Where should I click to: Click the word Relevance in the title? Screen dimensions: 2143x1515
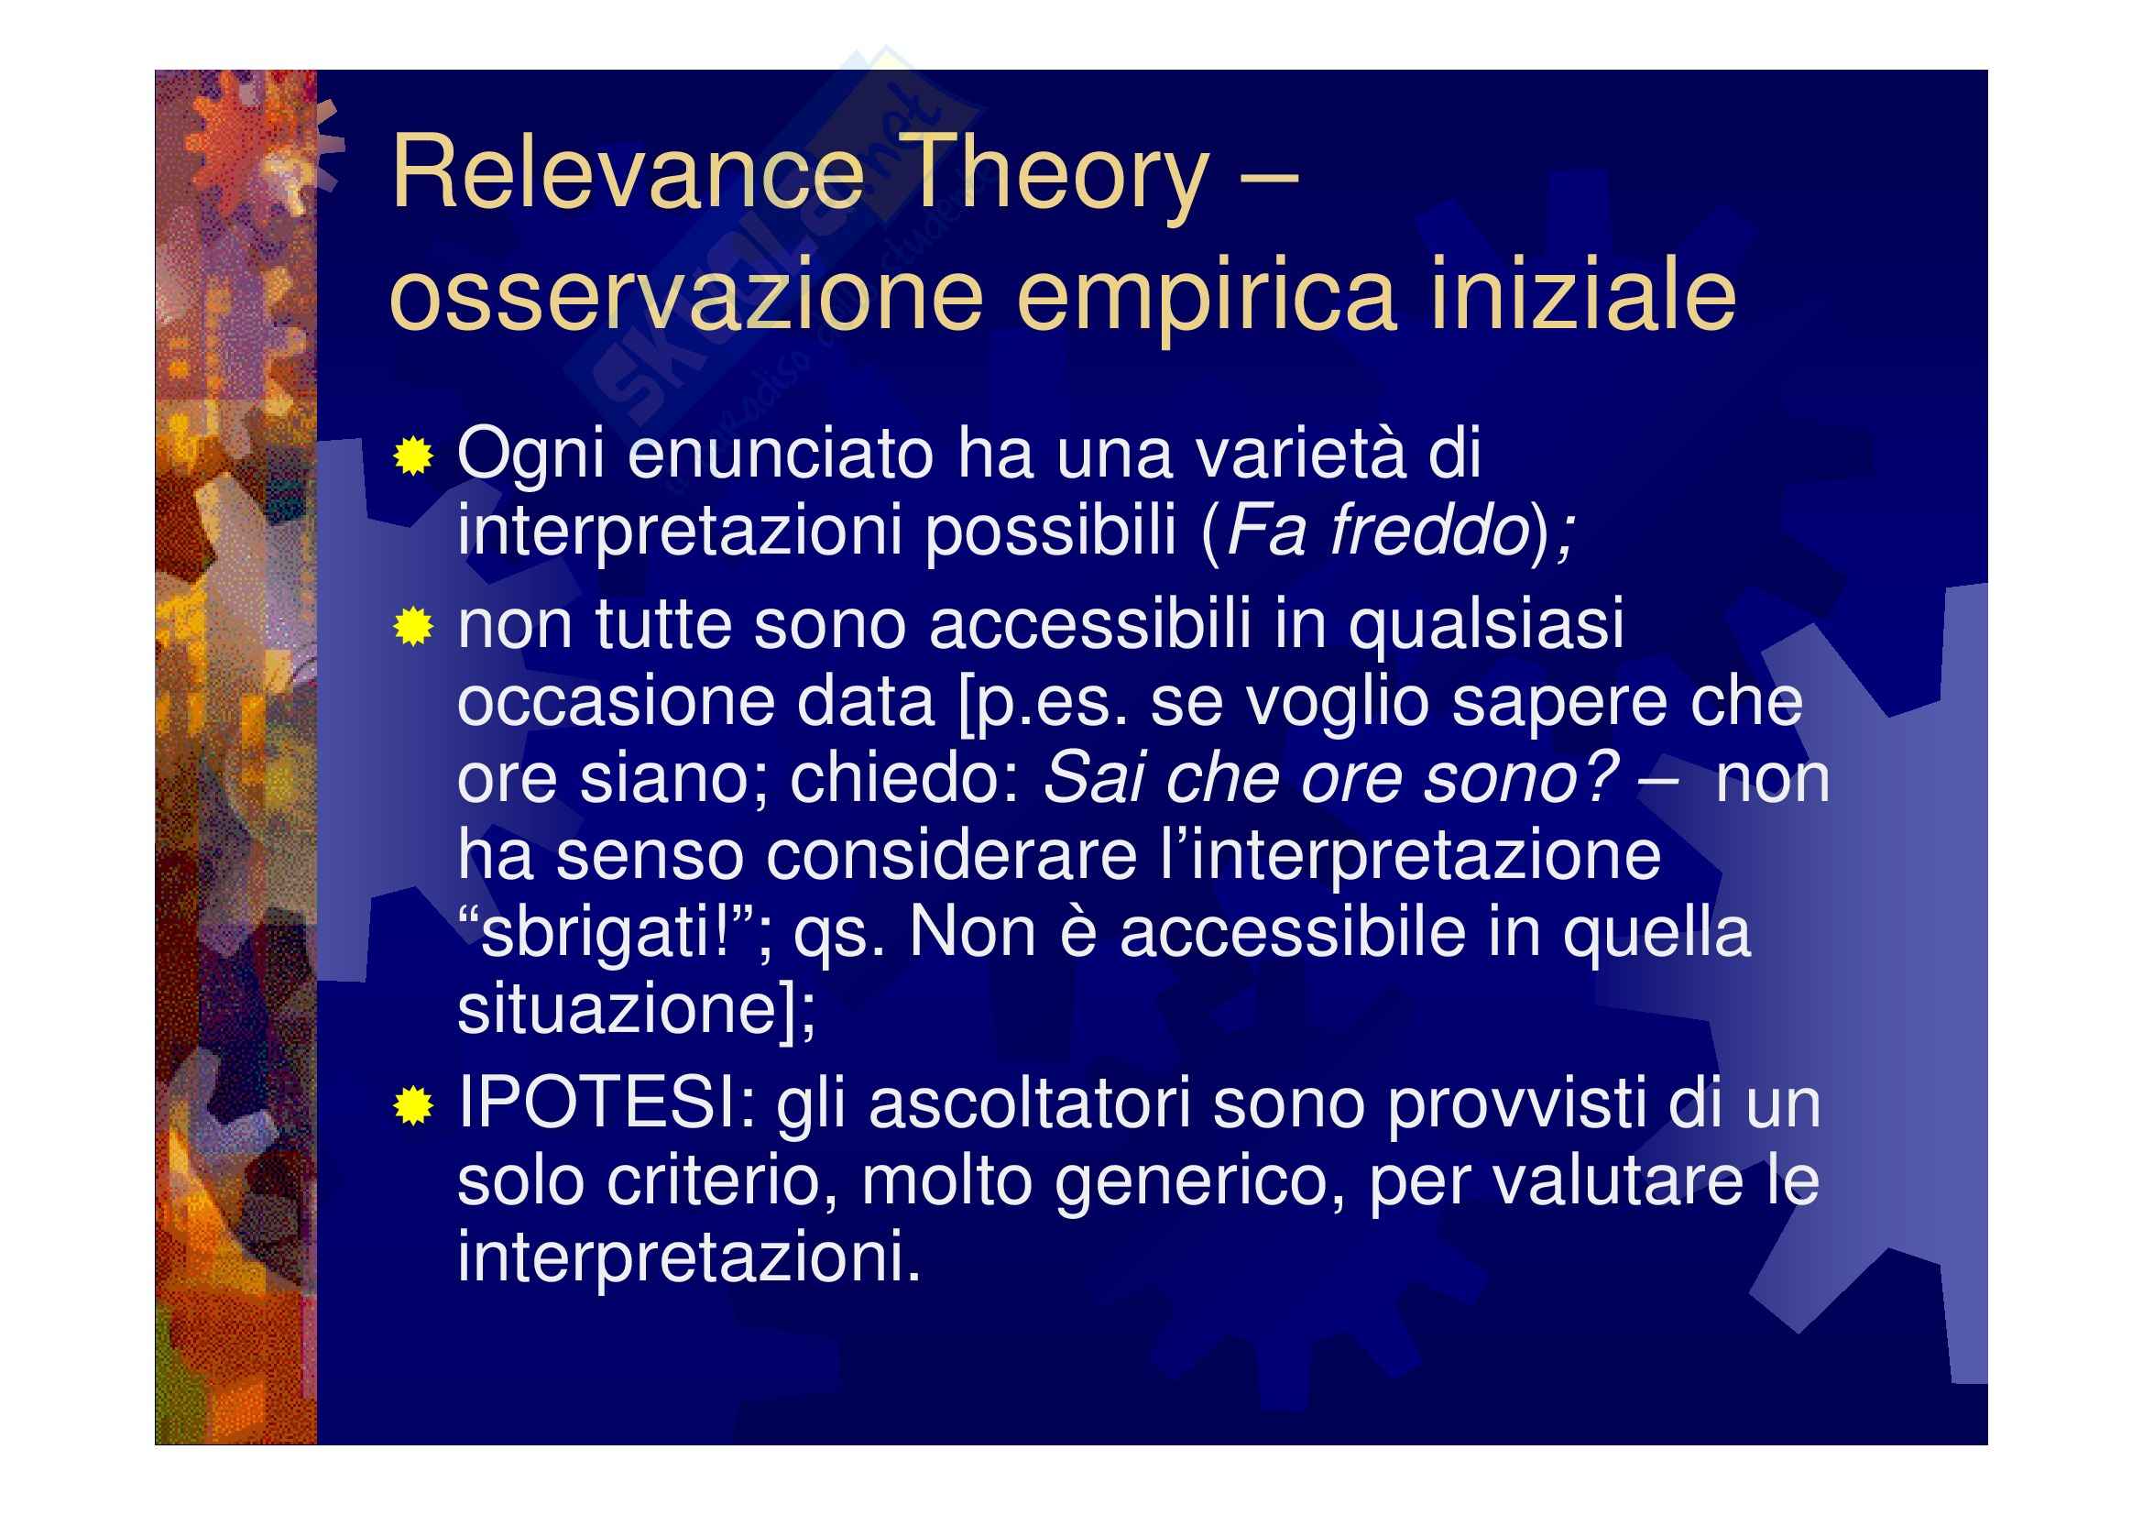(x=628, y=172)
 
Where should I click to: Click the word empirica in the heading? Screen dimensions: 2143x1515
(x=1206, y=297)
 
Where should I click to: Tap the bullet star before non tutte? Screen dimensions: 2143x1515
(x=412, y=626)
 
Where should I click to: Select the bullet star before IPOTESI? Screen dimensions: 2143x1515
(x=412, y=1107)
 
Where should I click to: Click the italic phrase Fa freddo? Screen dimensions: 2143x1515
(x=1378, y=532)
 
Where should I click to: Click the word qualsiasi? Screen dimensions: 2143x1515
(x=1486, y=628)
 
